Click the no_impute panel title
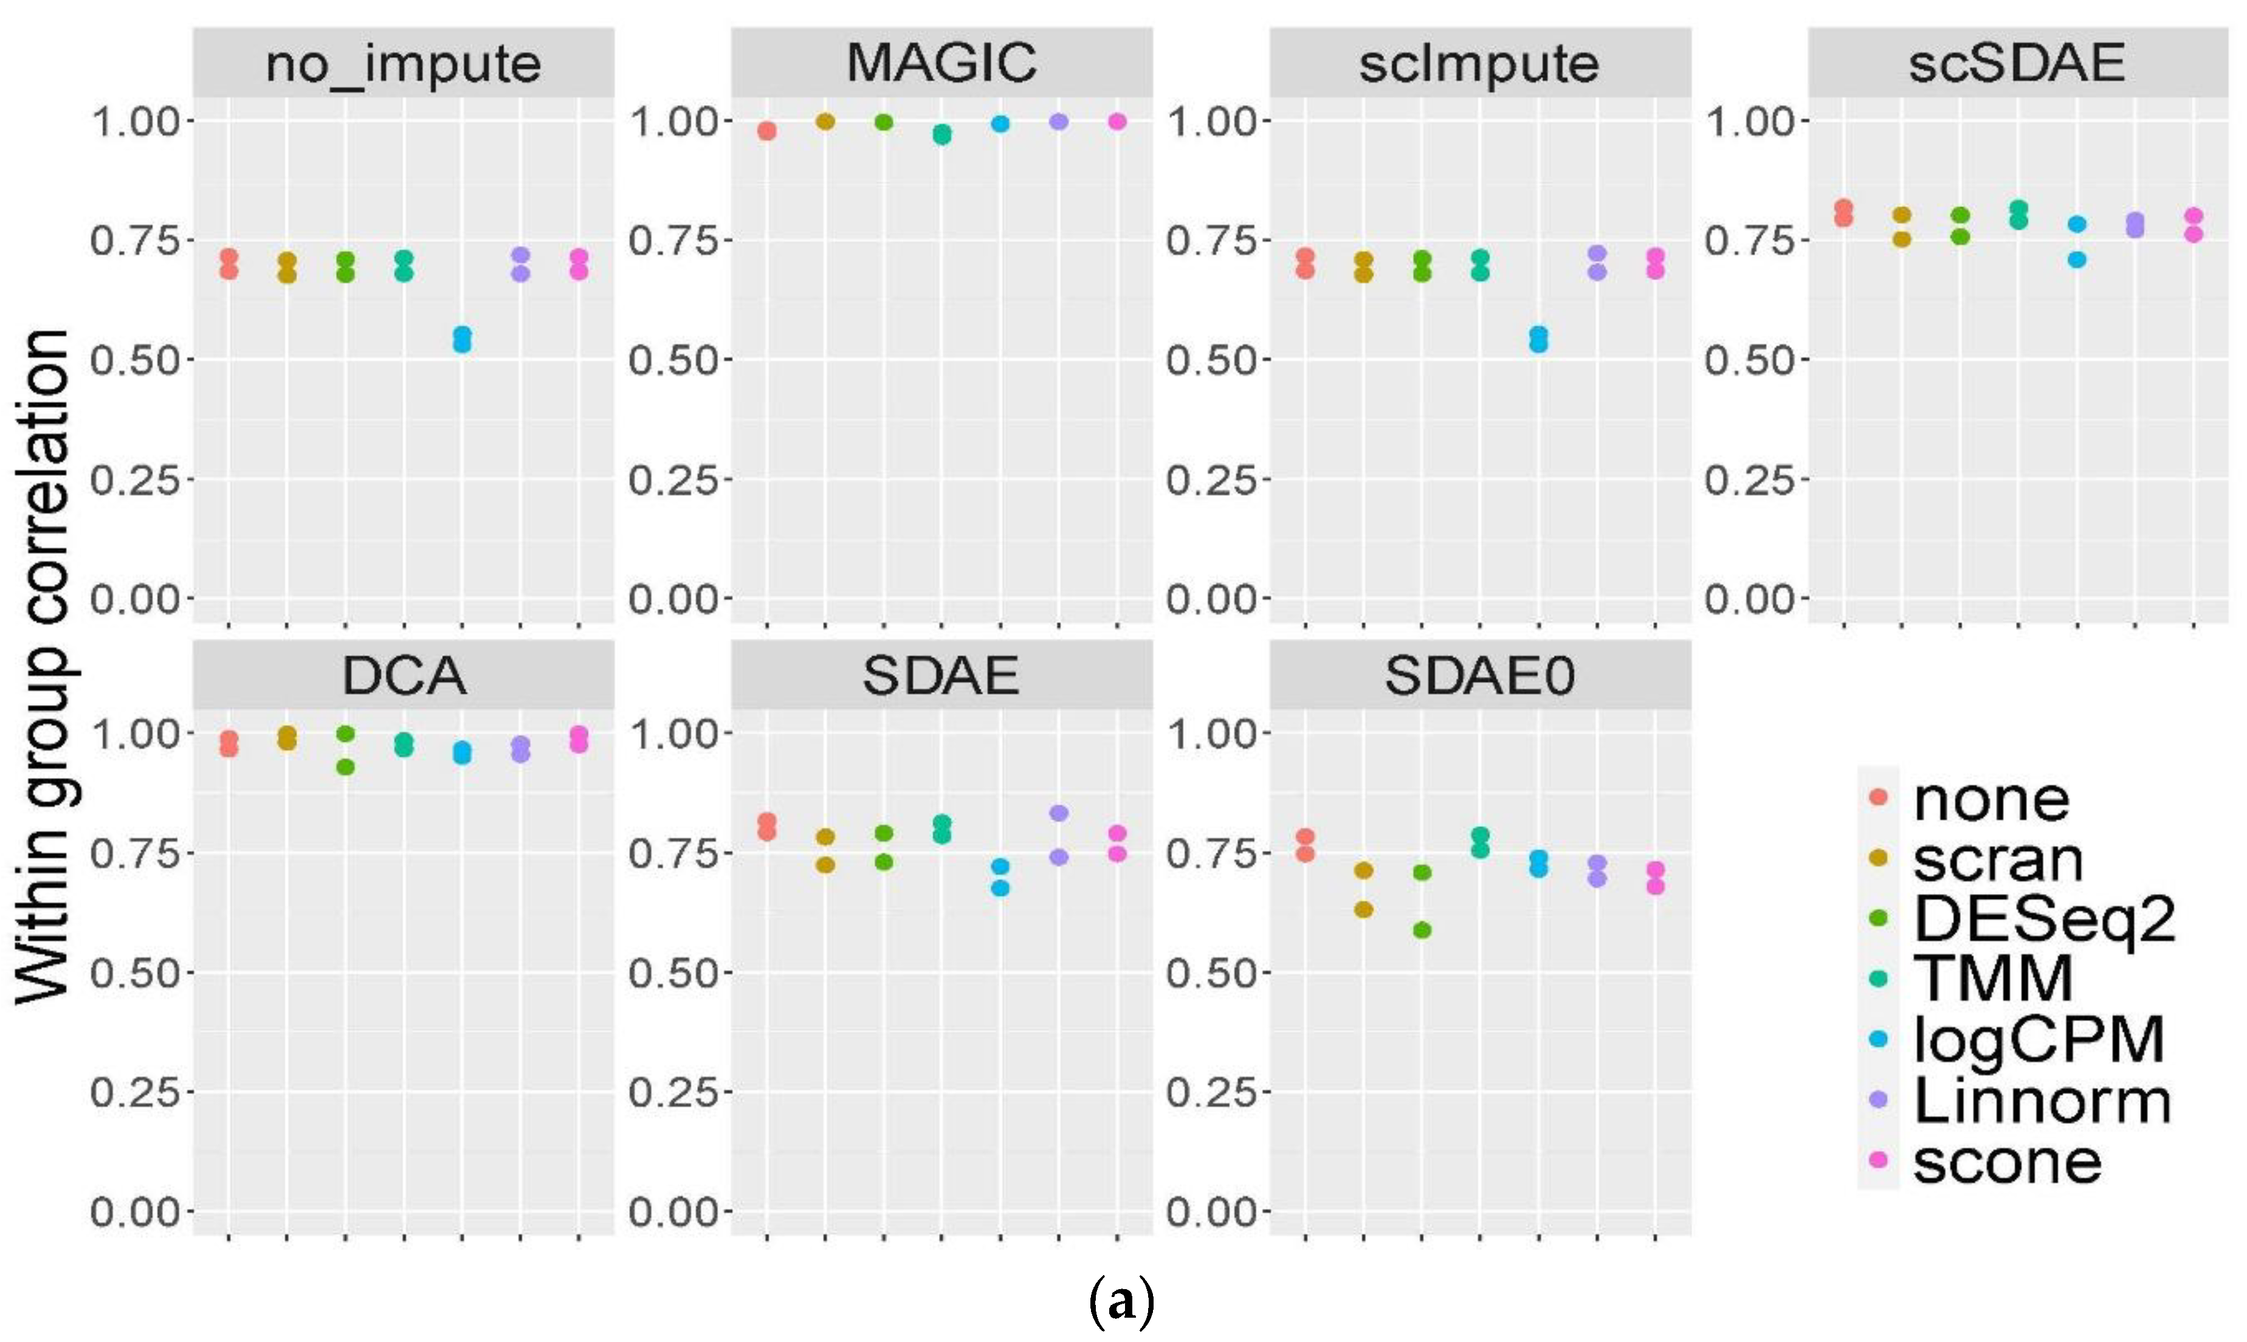[x=404, y=63]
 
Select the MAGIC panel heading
[x=941, y=63]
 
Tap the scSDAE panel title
[x=2017, y=63]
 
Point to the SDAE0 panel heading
[x=1479, y=675]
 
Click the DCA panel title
[x=404, y=675]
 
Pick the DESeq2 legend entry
[x=2043, y=919]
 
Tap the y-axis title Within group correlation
[x=43, y=665]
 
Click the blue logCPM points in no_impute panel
[x=462, y=339]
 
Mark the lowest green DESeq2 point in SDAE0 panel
[x=1422, y=930]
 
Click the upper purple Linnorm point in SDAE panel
[x=1059, y=813]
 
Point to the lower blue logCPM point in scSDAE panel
[x=2077, y=260]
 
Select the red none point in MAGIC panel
[x=767, y=131]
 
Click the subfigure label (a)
[x=1122, y=1303]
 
